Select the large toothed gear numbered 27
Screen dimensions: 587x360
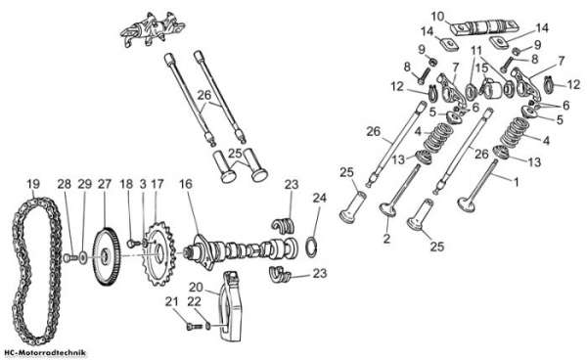[106, 256]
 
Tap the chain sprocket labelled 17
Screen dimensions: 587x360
[159, 253]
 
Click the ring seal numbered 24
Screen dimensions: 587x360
[313, 247]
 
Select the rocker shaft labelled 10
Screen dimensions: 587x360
[484, 28]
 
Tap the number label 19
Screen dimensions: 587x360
[33, 184]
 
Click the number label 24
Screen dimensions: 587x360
[319, 198]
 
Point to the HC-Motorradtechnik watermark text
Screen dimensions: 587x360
[45, 353]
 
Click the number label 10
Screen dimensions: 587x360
[437, 17]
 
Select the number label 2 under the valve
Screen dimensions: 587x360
[386, 239]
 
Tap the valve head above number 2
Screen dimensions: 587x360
[388, 209]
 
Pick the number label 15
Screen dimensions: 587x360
[482, 68]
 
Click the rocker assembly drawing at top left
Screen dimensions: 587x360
[153, 30]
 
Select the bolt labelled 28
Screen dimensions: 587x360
[69, 257]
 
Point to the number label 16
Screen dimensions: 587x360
[185, 184]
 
